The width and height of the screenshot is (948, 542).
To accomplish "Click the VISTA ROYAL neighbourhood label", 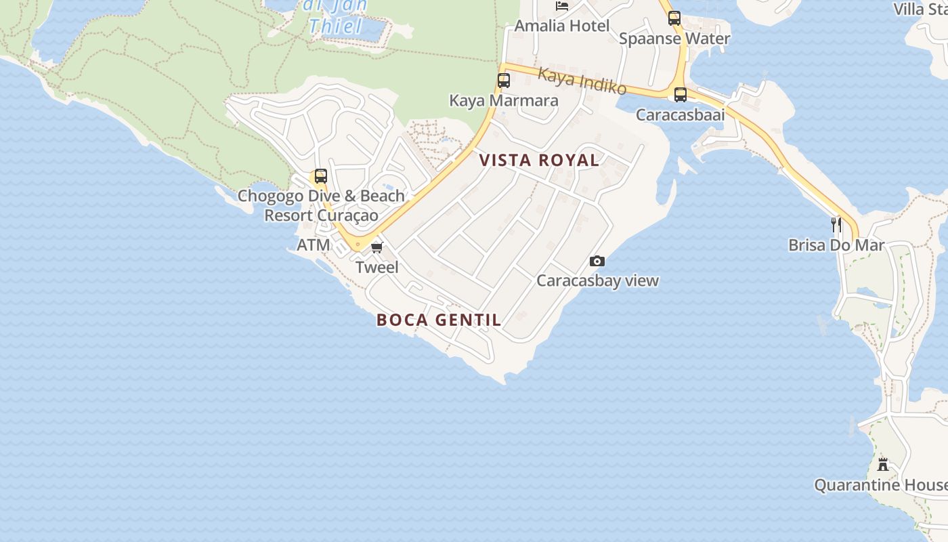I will (x=539, y=161).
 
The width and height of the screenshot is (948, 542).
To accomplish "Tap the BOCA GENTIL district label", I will (x=439, y=320).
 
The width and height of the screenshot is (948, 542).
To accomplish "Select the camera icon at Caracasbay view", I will (x=597, y=261).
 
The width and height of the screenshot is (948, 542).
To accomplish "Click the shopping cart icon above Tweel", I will (x=377, y=247).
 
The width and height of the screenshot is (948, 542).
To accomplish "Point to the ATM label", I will (x=314, y=245).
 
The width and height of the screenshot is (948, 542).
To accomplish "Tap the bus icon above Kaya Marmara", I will (x=504, y=81).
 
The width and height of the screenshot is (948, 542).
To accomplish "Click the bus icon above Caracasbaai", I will (x=681, y=95).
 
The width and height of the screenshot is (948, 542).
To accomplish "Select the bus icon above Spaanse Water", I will (x=674, y=18).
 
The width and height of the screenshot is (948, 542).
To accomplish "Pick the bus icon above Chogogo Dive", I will (x=321, y=176).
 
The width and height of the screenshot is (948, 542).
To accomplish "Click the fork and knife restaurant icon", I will (x=836, y=224).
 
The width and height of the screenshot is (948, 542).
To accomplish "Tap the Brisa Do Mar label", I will (x=836, y=245).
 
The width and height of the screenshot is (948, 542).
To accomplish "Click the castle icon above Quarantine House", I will (x=883, y=465).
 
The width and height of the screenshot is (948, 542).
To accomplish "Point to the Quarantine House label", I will (x=880, y=485).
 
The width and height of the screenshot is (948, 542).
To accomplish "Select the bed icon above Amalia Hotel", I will (x=562, y=6).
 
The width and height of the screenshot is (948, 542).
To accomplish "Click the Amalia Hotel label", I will (x=562, y=26).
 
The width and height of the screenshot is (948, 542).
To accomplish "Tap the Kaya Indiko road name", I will (x=582, y=81).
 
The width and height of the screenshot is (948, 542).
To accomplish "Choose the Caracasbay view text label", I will (x=597, y=280).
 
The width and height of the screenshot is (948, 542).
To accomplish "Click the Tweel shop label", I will (x=377, y=267).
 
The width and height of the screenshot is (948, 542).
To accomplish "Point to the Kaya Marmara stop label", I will (x=504, y=101).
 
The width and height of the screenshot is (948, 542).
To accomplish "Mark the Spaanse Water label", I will (x=674, y=39).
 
